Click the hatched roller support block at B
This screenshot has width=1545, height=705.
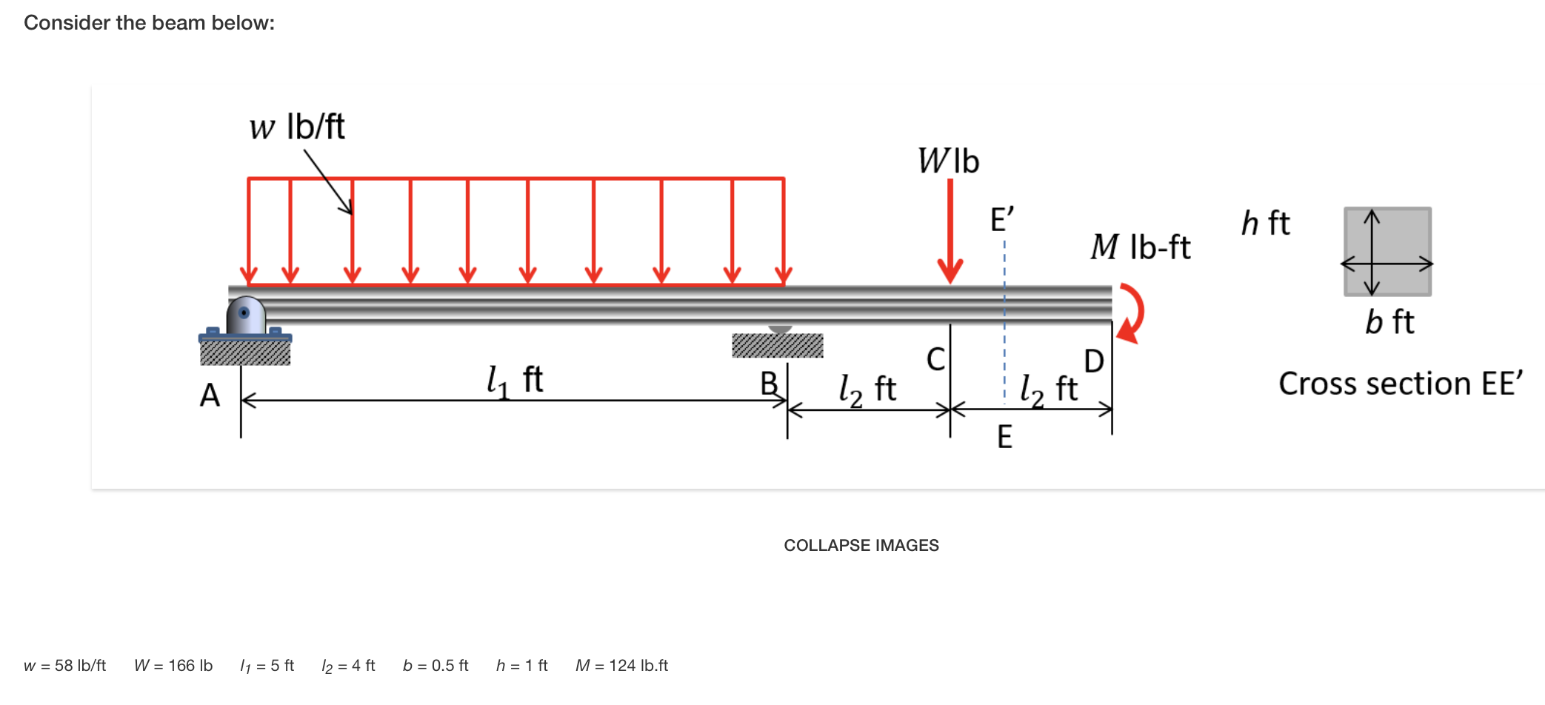click(x=778, y=345)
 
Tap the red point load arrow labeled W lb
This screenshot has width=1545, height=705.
click(x=950, y=231)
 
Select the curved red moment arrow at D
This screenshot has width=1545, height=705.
click(x=1133, y=313)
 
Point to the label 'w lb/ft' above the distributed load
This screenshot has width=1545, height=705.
click(x=297, y=127)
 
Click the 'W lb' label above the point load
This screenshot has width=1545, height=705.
click(x=949, y=161)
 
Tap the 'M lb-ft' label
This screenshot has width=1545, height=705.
click(x=1140, y=247)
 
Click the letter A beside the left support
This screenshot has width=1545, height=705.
click(x=210, y=395)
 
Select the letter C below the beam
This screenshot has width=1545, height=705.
click(x=936, y=360)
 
